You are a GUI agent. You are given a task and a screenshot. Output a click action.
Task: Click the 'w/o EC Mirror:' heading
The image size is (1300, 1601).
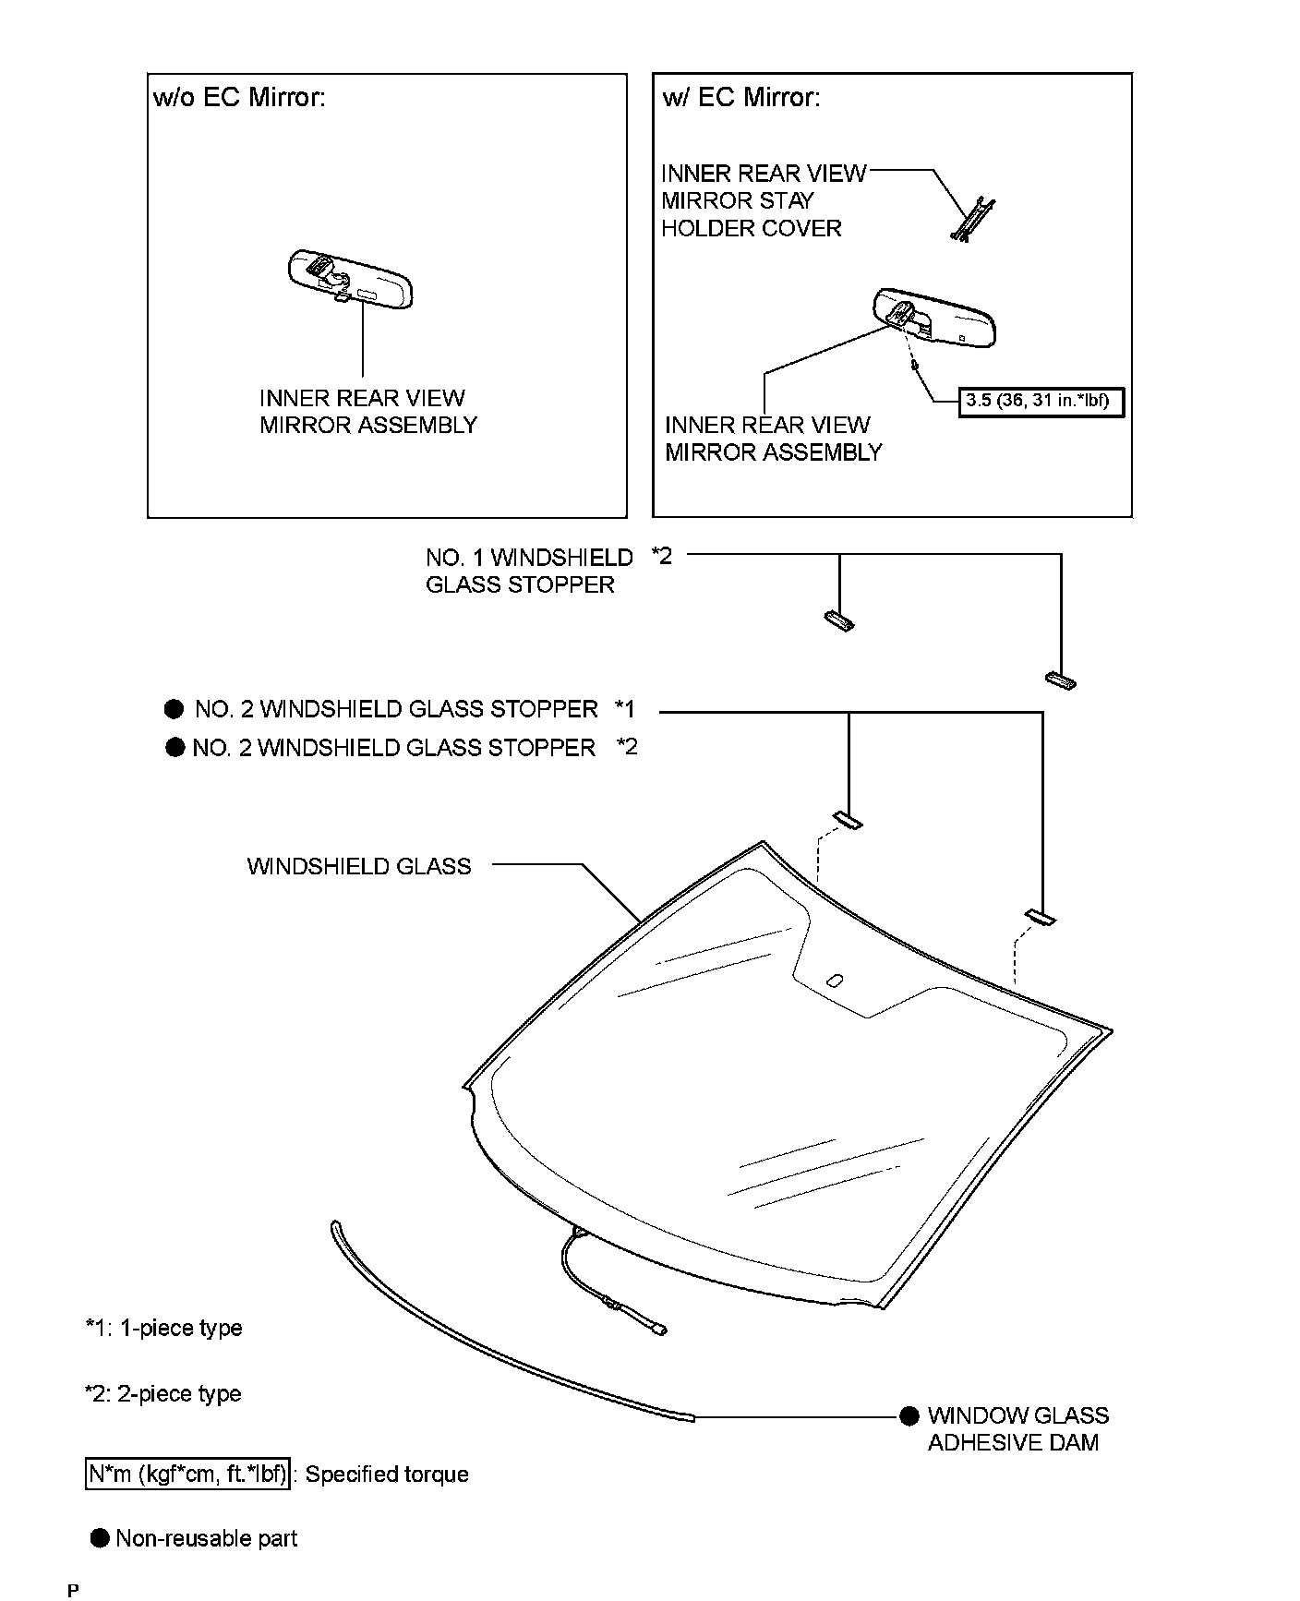coord(239,98)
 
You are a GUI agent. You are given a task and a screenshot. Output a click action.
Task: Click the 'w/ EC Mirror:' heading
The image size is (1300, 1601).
coord(740,98)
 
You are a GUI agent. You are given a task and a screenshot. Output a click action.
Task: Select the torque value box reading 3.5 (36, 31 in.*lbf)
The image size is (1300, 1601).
coord(1041,402)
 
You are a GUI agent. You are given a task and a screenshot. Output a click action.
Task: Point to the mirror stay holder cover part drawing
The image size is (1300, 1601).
coord(972,220)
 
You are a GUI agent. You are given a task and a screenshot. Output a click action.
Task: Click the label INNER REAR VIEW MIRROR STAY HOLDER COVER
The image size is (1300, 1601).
coord(763,200)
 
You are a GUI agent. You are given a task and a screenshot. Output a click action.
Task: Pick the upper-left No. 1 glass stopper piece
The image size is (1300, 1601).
coord(838,620)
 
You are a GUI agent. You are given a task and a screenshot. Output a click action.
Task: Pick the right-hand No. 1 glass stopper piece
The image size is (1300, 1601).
coord(1061,680)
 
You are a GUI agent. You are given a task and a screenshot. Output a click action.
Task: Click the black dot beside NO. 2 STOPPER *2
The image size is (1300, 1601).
coord(175,747)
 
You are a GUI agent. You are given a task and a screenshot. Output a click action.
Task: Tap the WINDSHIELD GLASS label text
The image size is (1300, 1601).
coord(359,866)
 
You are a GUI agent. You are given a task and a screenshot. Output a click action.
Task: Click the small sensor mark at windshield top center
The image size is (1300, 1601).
coord(835,981)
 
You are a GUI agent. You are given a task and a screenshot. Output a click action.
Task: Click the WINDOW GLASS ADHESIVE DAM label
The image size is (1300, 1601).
coord(1017,1428)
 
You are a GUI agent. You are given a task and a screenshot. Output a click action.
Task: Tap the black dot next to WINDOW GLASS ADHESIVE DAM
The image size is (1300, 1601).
coord(909,1415)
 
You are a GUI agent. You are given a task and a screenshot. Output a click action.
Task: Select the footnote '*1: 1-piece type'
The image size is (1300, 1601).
coord(164,1328)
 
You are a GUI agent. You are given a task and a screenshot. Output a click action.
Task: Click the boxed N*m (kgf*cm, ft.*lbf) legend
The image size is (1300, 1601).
coord(187,1474)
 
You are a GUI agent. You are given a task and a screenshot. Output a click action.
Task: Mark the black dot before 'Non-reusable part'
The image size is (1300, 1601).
coord(100,1538)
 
